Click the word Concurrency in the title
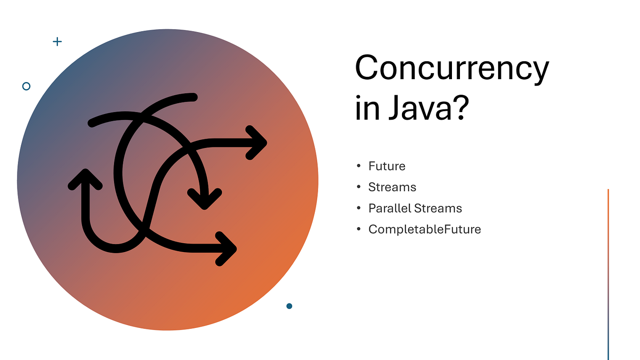(x=451, y=69)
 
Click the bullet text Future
(x=387, y=166)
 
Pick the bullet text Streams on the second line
(x=392, y=188)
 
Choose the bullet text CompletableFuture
(x=425, y=229)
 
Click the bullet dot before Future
(x=359, y=166)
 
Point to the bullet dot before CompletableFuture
(x=359, y=229)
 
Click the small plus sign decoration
(x=57, y=41)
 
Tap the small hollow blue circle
(x=26, y=86)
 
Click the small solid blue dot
(x=289, y=306)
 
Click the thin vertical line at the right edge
(x=608, y=273)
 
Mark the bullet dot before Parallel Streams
(x=359, y=208)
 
